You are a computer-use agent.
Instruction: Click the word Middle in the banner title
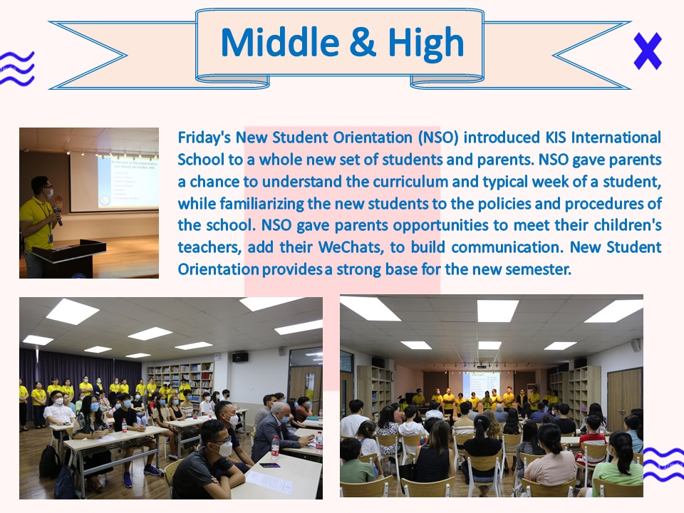(280, 43)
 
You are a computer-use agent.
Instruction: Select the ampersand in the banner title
(363, 43)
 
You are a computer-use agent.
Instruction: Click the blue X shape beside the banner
(648, 51)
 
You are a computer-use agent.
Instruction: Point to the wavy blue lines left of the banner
(16, 68)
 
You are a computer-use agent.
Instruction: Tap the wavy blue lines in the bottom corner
(663, 465)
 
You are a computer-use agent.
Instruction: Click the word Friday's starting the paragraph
(204, 138)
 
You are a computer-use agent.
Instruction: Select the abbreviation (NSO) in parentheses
(438, 138)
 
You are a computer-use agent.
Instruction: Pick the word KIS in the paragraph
(555, 138)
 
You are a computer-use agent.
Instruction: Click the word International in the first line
(616, 138)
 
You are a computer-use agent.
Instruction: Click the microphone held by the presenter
(58, 214)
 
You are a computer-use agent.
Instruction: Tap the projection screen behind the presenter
(114, 182)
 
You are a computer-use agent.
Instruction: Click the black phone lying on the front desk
(269, 465)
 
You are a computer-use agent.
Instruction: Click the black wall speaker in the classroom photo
(240, 358)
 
